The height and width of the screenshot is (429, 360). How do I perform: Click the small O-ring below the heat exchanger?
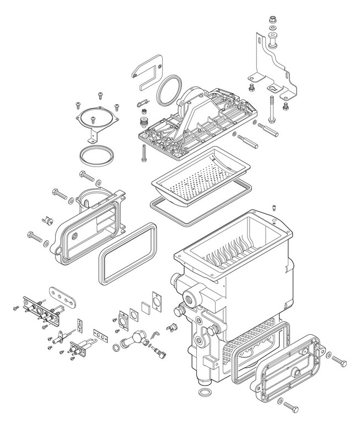click(x=203, y=393)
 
